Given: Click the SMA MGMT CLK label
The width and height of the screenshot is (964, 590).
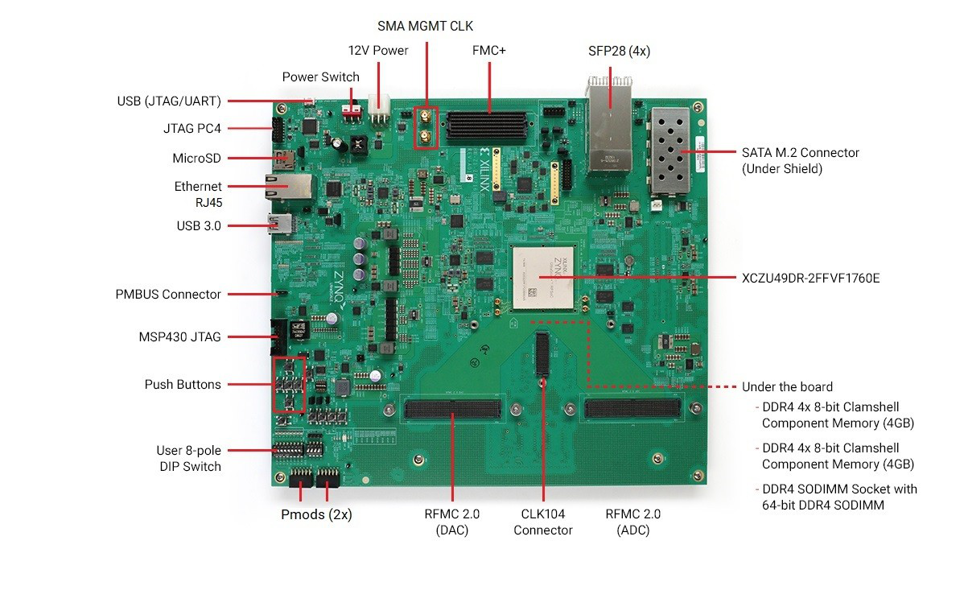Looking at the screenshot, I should (426, 26).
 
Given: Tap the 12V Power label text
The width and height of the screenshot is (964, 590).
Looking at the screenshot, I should (377, 51).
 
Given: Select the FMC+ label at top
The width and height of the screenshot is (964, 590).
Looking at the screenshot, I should (488, 51).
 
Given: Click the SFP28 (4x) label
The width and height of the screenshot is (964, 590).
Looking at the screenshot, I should (619, 51).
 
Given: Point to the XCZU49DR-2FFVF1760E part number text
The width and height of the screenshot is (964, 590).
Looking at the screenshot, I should (810, 278).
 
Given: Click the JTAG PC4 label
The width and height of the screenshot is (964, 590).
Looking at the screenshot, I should (192, 128).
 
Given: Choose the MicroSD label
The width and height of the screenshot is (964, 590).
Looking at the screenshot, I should (196, 159).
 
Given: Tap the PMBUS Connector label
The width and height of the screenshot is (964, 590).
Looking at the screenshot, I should (167, 295).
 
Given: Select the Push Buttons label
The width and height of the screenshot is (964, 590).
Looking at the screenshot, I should (182, 385).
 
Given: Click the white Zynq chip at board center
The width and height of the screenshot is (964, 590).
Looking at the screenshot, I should (545, 278).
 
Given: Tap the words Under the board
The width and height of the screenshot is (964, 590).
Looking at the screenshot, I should (787, 387).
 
